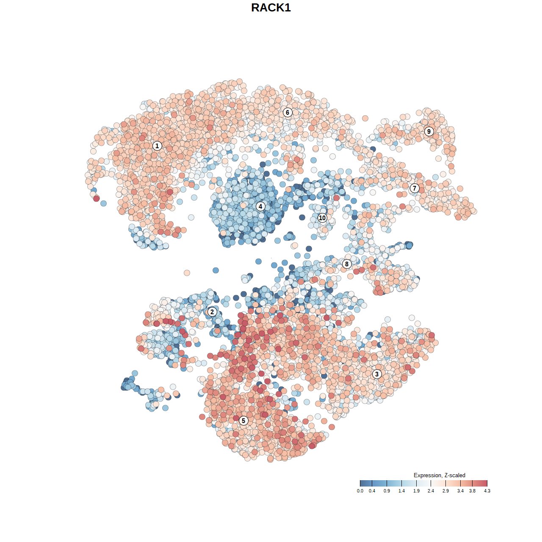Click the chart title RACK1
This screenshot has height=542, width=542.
(271, 8)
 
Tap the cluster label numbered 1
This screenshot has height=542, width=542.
(157, 146)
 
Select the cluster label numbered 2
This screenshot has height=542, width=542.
(212, 312)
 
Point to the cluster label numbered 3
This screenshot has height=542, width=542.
(377, 374)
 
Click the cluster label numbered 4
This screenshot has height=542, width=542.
(260, 206)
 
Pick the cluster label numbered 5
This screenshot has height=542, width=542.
(243, 420)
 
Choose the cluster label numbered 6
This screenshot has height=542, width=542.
(288, 112)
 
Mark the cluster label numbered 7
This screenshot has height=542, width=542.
(415, 188)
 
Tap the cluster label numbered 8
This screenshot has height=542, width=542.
(347, 264)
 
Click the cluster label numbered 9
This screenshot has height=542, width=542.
(429, 131)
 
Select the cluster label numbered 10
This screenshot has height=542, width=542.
(322, 218)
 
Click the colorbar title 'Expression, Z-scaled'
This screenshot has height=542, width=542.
(439, 475)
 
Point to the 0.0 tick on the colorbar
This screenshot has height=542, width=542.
(360, 491)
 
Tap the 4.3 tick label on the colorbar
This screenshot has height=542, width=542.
(487, 491)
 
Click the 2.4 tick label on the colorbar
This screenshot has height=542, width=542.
(431, 491)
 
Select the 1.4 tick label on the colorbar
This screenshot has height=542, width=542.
(401, 491)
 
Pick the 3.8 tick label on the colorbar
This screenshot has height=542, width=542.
(472, 491)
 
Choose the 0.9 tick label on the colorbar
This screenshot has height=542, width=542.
(387, 491)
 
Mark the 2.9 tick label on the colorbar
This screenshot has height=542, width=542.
(445, 491)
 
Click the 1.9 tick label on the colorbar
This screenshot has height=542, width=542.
(416, 491)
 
